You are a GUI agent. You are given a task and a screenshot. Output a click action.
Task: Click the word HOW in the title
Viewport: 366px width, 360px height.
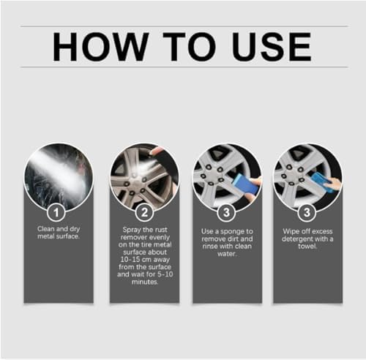[100, 47]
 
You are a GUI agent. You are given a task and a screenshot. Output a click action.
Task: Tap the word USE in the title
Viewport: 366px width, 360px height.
[272, 47]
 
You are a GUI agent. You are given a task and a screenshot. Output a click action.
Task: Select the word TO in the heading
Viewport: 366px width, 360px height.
[190, 47]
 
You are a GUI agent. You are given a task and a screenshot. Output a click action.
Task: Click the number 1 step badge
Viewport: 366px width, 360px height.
[56, 212]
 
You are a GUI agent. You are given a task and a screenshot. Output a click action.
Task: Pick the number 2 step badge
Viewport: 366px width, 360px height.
[144, 212]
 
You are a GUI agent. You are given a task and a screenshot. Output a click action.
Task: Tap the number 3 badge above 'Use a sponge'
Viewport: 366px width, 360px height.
[226, 212]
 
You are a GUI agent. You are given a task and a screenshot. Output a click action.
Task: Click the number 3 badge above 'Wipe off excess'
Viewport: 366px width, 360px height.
[307, 212]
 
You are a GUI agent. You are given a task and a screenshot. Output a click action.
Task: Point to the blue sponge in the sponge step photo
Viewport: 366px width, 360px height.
[244, 184]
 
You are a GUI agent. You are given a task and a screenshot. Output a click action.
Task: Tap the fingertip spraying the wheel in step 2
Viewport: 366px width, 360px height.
[156, 151]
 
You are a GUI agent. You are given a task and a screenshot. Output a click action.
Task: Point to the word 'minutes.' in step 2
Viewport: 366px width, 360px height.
[145, 282]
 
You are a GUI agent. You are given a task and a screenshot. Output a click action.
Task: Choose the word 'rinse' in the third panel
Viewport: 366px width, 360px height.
[209, 246]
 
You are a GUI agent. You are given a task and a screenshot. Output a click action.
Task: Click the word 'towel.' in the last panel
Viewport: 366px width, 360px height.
[307, 246]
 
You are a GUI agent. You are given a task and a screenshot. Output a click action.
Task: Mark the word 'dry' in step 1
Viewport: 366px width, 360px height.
[75, 229]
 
